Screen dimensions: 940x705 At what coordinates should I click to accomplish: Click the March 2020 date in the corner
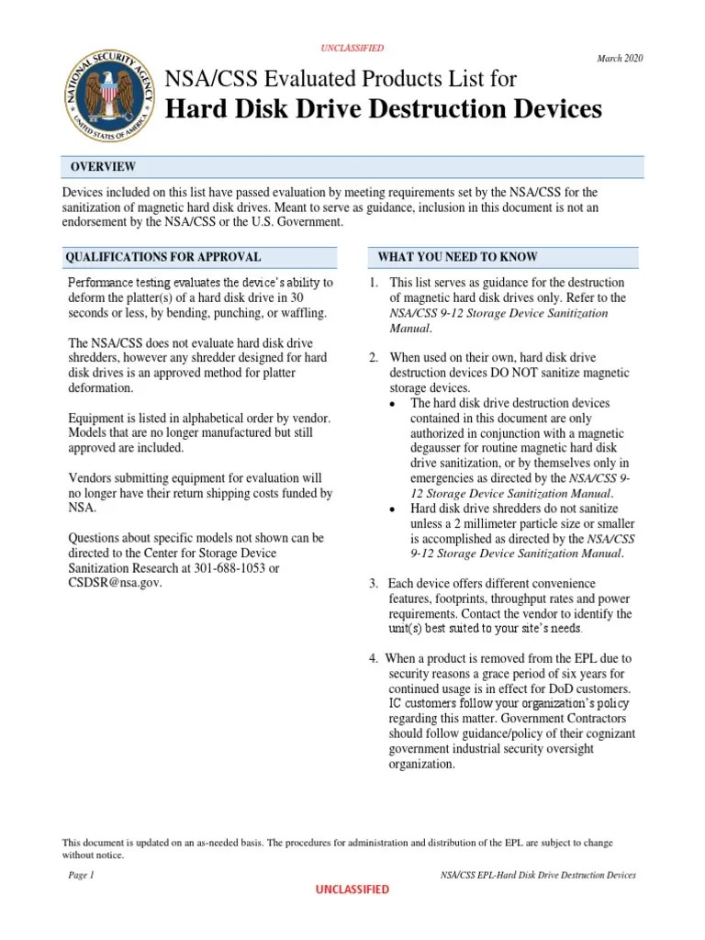click(620, 59)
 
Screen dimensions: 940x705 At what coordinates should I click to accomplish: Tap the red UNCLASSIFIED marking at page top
click(352, 48)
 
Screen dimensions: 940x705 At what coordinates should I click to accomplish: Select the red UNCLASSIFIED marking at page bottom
click(352, 890)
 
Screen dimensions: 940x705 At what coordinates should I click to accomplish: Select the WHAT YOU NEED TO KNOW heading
click(458, 257)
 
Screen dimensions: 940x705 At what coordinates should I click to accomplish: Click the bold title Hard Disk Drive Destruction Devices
click(383, 109)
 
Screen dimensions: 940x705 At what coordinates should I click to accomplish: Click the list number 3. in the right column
click(374, 584)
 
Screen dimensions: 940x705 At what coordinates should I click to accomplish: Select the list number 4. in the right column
click(374, 659)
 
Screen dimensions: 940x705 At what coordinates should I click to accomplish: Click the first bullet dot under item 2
click(393, 404)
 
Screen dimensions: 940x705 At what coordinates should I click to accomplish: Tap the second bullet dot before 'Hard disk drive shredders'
click(393, 509)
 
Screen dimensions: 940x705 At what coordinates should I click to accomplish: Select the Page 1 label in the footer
click(82, 876)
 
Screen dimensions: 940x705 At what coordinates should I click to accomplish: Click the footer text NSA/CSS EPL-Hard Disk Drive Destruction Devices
click(538, 876)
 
